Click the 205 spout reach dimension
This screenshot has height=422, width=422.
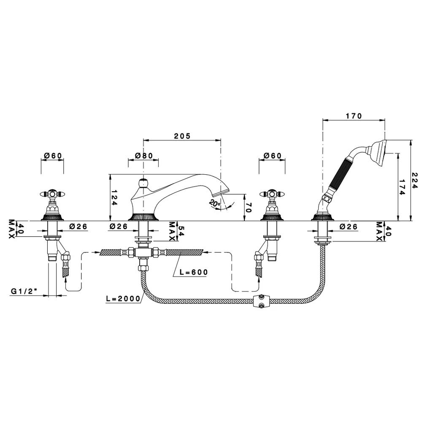tap(182, 136)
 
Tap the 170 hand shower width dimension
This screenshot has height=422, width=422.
tap(354, 116)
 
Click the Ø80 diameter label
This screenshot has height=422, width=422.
tap(144, 156)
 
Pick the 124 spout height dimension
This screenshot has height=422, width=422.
tap(114, 198)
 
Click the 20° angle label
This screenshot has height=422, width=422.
tap(214, 203)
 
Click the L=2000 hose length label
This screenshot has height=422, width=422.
tap(123, 298)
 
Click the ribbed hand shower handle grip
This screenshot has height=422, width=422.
tap(340, 174)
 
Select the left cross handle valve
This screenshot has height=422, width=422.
tap(52, 206)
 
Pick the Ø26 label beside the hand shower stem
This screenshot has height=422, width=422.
tap(349, 227)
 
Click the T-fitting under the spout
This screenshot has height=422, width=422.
tap(143, 253)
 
